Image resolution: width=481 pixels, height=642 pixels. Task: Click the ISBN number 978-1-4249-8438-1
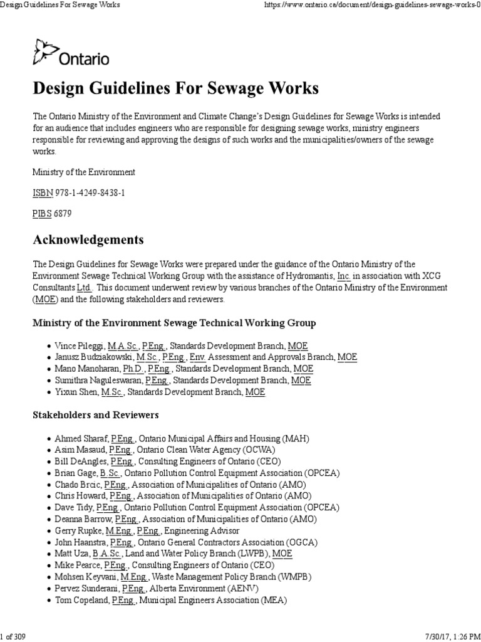(x=87, y=192)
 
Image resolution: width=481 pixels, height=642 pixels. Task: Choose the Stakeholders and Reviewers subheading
(x=95, y=415)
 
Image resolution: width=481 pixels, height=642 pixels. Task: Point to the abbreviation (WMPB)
(x=286, y=576)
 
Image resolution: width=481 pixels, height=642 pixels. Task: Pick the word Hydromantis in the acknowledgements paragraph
(x=310, y=276)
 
